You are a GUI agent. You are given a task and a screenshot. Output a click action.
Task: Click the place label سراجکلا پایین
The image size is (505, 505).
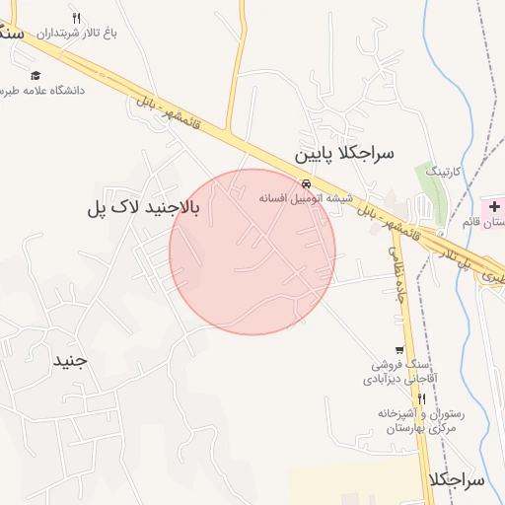tap(344, 154)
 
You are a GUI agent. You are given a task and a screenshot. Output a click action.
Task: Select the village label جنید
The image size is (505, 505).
tap(70, 360)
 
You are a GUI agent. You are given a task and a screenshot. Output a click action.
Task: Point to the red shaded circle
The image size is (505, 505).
tap(252, 252)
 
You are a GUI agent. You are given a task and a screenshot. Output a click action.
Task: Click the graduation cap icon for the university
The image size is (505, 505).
tap(36, 75)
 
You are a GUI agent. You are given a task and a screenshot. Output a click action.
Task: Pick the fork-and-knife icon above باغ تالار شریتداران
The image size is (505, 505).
tap(78, 18)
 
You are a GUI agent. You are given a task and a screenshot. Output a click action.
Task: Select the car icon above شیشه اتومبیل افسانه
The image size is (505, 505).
tap(308, 184)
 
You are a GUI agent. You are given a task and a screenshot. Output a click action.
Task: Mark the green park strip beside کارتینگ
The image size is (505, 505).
tap(431, 187)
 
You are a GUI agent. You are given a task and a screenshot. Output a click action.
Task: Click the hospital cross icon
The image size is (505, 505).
tap(493, 205)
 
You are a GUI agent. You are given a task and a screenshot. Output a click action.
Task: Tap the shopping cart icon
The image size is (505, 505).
tap(398, 349)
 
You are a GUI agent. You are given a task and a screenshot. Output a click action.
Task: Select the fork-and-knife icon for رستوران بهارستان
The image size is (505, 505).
tap(421, 397)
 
